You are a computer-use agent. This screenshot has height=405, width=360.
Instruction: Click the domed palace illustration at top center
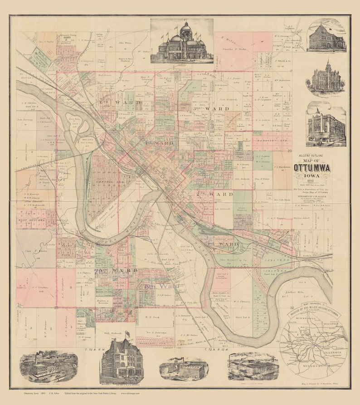pos(181,42)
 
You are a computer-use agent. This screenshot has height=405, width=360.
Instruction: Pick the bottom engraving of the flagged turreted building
pos(122,361)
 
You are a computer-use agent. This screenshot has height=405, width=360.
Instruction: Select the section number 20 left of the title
pos(289,152)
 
